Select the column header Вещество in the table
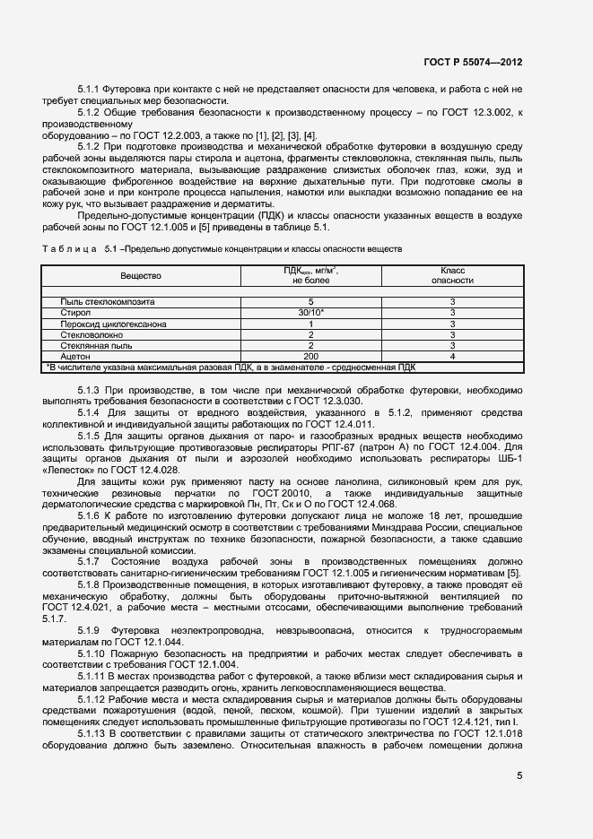140,277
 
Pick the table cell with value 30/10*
310,313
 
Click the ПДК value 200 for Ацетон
310,356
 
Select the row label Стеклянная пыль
95,345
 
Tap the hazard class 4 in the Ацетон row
452,356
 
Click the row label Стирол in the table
74,313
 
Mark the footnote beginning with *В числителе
230,367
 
